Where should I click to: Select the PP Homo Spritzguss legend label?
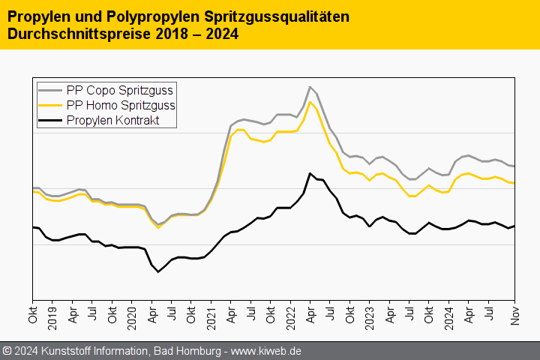tap(121, 105)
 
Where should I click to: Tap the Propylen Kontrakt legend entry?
tap(112, 120)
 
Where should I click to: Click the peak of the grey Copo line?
tap(310, 87)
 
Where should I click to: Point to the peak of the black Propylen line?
tap(310, 173)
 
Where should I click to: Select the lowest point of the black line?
tap(158, 271)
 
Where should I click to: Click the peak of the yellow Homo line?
tap(310, 102)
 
